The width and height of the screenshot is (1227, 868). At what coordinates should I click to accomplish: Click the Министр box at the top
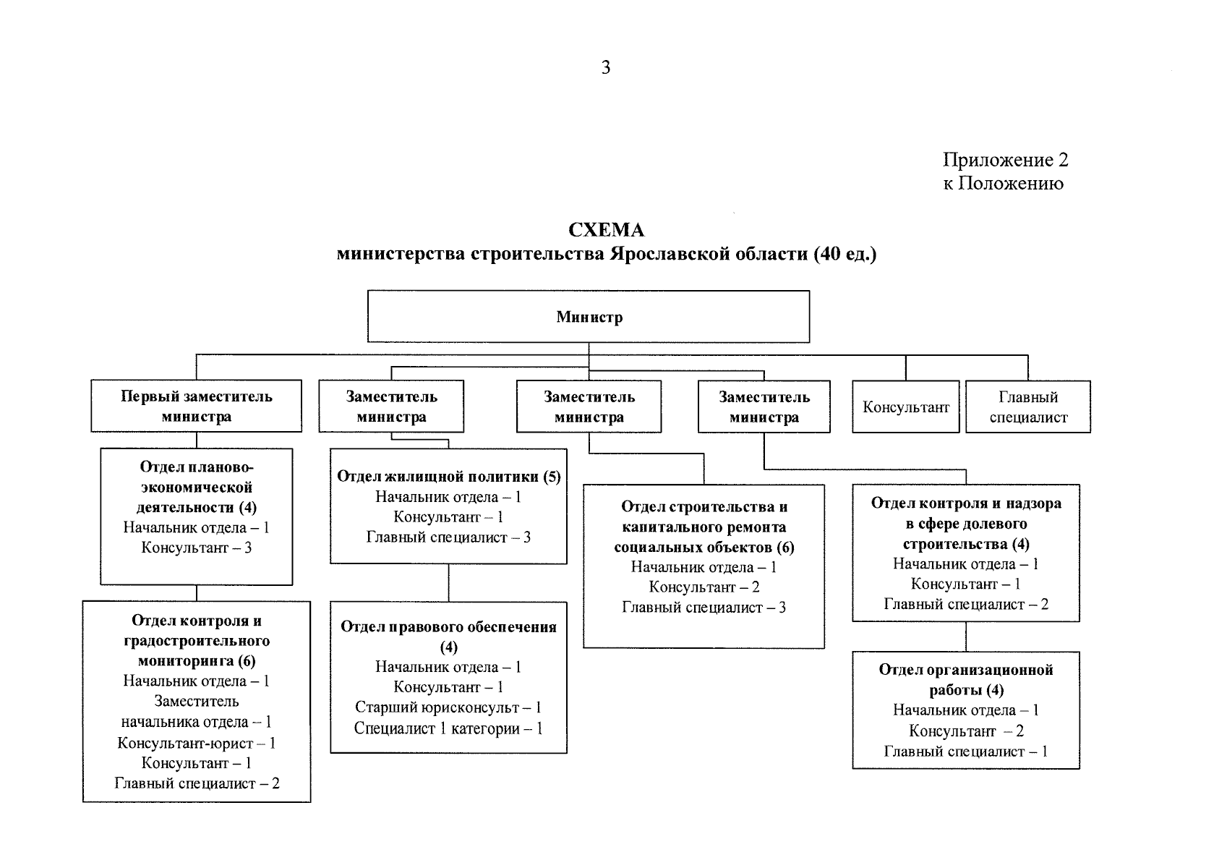tap(589, 317)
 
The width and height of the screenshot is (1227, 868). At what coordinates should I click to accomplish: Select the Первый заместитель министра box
tap(196, 407)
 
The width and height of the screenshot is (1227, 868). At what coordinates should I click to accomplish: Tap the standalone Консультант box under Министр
tap(905, 407)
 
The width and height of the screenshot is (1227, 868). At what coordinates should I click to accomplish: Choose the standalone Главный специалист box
tap(1027, 407)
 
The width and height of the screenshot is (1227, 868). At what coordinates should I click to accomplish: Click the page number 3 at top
tap(606, 67)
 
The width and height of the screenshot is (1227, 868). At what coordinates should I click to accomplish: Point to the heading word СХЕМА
tap(606, 230)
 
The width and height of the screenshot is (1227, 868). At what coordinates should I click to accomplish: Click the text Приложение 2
tap(1005, 160)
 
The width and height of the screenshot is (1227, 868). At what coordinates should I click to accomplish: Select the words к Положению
tap(1003, 184)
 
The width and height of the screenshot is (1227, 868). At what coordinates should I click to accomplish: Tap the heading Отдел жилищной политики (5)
tap(448, 477)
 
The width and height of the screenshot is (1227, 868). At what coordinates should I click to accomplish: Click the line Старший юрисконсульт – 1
tap(448, 707)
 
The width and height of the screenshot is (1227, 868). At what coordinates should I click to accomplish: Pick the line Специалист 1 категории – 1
tap(448, 728)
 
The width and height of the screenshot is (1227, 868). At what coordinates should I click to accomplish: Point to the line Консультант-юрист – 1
tap(197, 743)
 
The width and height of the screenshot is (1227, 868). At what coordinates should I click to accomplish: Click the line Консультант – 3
tap(197, 548)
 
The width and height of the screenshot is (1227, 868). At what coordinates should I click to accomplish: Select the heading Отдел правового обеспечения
tap(448, 627)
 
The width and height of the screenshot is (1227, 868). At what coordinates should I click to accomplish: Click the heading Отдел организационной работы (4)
tap(966, 679)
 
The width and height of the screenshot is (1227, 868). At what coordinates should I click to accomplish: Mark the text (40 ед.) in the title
tap(845, 255)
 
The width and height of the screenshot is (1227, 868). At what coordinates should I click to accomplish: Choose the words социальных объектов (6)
tap(704, 547)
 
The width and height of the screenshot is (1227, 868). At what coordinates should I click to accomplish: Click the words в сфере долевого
tap(966, 524)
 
